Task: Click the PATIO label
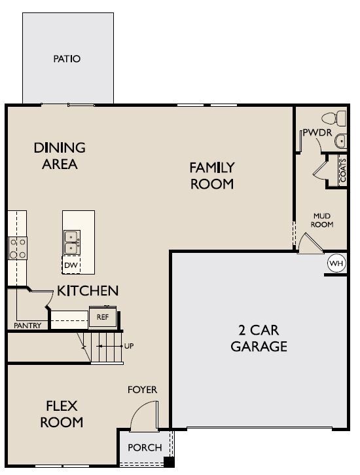tap(67, 59)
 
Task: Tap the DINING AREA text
tap(60, 156)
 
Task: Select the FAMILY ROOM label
tap(212, 176)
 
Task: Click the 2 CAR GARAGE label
tap(259, 337)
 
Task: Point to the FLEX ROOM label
tap(62, 413)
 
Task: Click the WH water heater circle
tap(336, 263)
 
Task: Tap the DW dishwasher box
tap(71, 265)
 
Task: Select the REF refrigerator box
tap(102, 316)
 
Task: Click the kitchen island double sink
tap(72, 242)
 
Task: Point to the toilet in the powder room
tap(334, 119)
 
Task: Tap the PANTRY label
tap(27, 326)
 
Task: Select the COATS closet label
tap(342, 170)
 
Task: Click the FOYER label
tap(142, 390)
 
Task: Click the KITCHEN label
tap(88, 290)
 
